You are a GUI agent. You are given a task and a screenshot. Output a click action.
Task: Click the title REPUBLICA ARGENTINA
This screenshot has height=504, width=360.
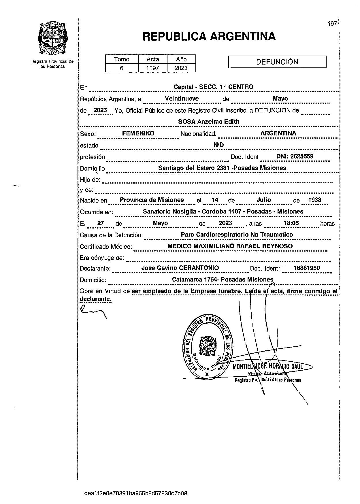pos(209,37)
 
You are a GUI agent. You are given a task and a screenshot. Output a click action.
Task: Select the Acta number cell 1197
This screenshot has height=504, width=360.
pos(152,68)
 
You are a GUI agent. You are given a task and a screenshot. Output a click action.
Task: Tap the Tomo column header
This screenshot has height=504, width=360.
pos(122,59)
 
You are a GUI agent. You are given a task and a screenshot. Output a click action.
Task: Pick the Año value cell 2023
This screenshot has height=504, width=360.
pos(181,68)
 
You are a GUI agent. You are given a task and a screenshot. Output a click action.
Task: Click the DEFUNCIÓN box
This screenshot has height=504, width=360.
pos(277,62)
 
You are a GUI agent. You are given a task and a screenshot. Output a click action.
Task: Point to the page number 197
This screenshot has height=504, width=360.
pos(332,24)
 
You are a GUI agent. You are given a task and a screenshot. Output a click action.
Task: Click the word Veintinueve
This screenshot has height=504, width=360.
pos(182,99)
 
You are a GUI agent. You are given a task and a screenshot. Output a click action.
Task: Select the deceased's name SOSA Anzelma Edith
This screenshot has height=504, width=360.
pos(209,122)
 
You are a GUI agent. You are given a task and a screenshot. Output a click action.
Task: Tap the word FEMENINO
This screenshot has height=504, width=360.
pos(138,133)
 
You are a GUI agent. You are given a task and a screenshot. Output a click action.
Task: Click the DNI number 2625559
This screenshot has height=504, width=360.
pos(301,156)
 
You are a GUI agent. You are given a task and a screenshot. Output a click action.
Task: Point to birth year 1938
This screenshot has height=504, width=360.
pos(314,200)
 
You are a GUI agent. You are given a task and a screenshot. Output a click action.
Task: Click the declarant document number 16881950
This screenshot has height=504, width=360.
pos(306,268)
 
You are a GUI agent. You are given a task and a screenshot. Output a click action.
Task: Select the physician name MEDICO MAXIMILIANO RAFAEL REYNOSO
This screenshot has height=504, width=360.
pos(230,246)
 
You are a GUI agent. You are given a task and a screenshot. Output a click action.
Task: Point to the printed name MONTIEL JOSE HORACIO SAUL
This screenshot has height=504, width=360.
pos(268,367)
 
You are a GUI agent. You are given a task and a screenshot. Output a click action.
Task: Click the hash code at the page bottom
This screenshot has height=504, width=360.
pos(136,493)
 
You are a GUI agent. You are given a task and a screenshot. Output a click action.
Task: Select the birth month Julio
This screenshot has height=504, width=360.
pos(263,200)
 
